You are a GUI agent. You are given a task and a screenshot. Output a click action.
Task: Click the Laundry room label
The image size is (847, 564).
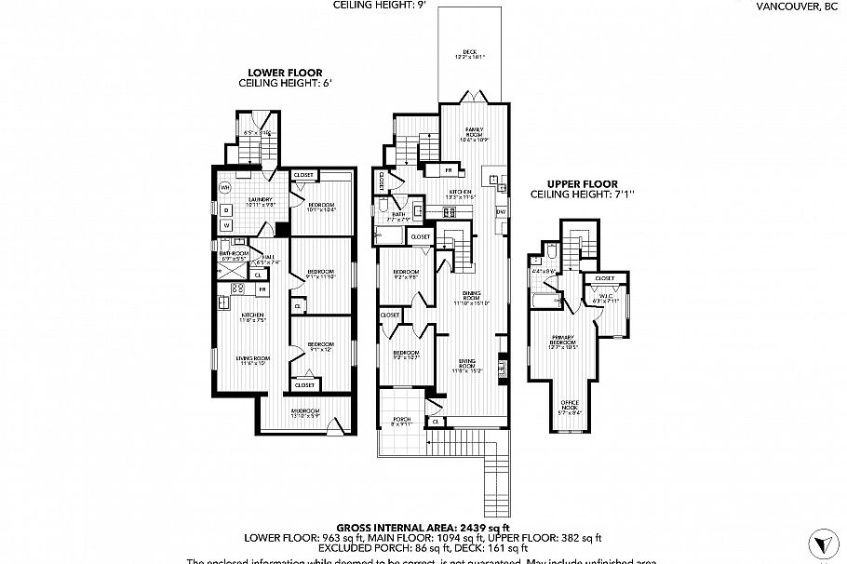tap(258, 201)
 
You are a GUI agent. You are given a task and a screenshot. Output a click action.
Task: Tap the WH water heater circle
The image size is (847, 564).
tap(224, 188)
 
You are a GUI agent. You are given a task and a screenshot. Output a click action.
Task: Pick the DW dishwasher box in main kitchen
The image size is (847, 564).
tap(500, 212)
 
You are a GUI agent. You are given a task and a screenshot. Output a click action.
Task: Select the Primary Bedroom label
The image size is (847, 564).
tap(564, 340)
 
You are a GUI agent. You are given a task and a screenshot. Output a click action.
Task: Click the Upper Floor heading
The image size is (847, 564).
tap(571, 184)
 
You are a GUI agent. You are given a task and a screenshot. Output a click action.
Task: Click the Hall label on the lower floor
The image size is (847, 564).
tap(268, 259)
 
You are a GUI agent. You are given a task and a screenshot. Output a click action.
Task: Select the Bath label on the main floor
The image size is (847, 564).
tap(398, 215)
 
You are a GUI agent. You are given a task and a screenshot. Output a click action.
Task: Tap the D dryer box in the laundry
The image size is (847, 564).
tap(225, 208)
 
